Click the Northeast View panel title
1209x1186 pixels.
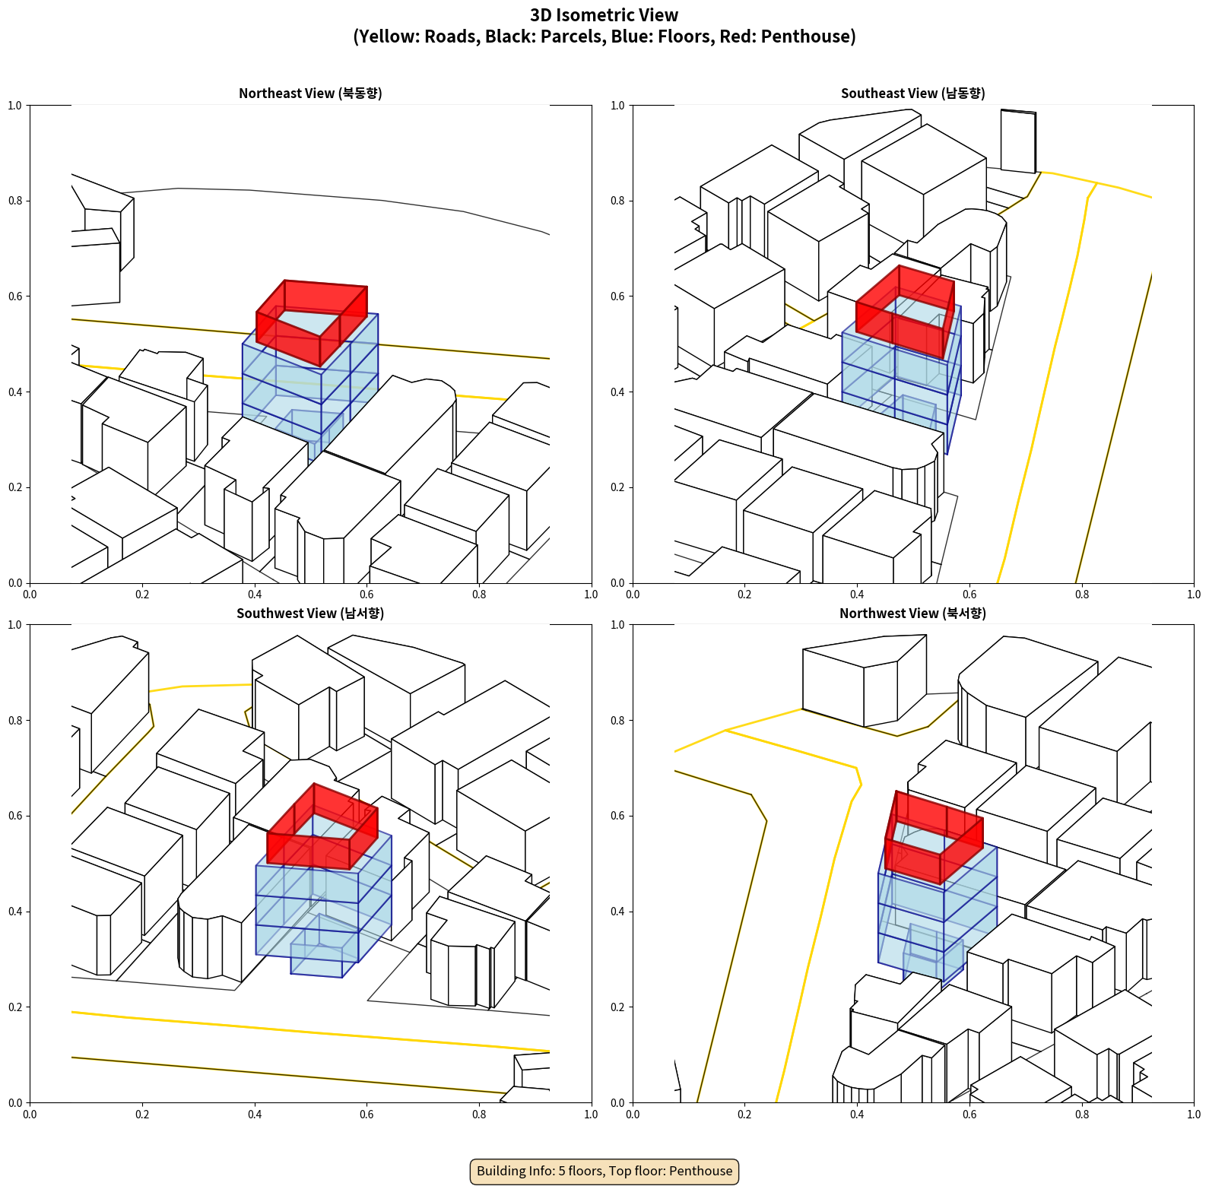[310, 93]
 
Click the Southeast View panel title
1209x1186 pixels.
[912, 93]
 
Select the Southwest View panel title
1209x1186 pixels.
[310, 613]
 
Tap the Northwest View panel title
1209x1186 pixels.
[912, 613]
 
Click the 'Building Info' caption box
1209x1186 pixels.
[604, 1171]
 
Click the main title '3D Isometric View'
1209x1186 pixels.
[604, 15]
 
